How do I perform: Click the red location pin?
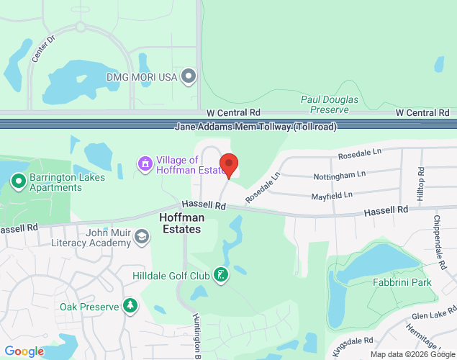pyautogui.click(x=229, y=165)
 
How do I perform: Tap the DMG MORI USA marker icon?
pyautogui.click(x=189, y=76)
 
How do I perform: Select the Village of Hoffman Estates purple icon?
pyautogui.click(x=145, y=165)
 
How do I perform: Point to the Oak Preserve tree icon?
pyautogui.click(x=130, y=307)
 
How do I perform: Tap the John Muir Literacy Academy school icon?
pyautogui.click(x=142, y=237)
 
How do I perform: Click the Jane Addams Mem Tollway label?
pyautogui.click(x=256, y=127)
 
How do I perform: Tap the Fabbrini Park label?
pyautogui.click(x=402, y=282)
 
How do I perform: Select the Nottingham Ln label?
pyautogui.click(x=340, y=175)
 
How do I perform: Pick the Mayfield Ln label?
pyautogui.click(x=332, y=194)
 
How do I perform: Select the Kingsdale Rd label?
pyautogui.click(x=353, y=344)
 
